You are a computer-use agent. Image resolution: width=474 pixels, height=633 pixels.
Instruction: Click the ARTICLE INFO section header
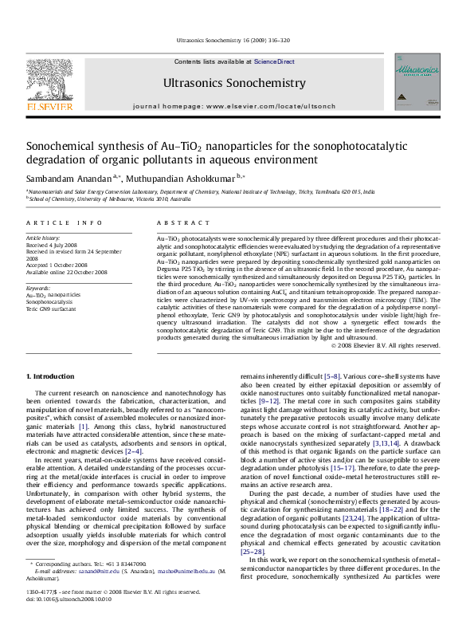(x=65, y=224)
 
